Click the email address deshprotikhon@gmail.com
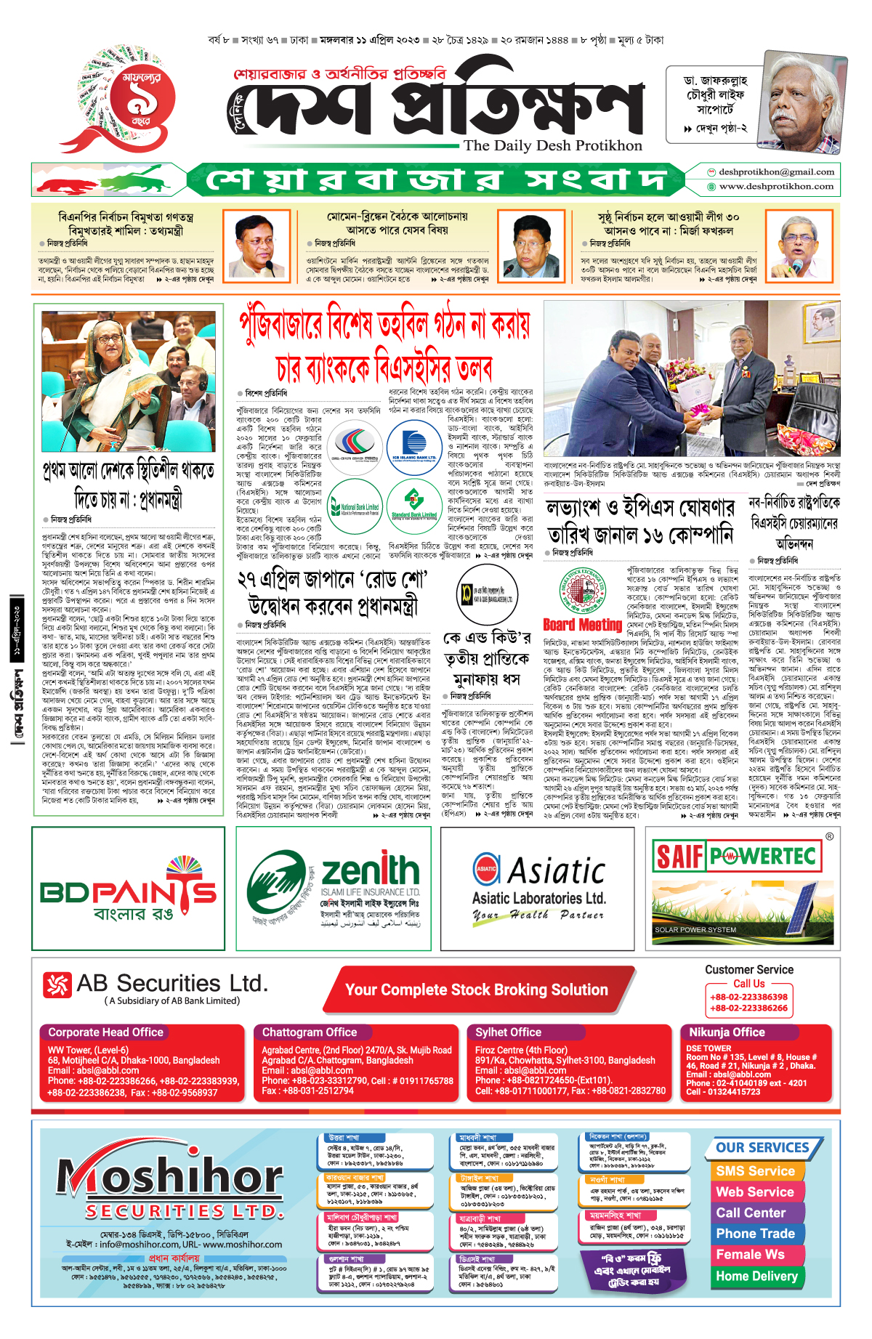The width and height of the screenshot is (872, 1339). click(776, 172)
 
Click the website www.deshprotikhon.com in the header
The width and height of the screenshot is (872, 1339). click(776, 187)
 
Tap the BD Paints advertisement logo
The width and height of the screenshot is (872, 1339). click(128, 889)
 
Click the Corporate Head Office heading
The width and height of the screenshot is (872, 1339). click(106, 1032)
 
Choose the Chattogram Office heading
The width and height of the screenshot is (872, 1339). click(310, 1032)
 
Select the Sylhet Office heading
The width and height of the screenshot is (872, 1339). click(509, 1032)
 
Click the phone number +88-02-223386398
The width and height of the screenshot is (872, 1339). click(748, 997)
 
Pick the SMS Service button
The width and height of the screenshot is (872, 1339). click(755, 1171)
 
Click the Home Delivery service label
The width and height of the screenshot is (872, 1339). click(756, 1276)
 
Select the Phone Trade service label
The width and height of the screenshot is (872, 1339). click(755, 1234)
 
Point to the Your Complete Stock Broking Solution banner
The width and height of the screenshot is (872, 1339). click(477, 990)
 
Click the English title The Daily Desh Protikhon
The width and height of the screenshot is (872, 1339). click(553, 145)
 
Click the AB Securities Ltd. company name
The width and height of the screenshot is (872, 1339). click(172, 984)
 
